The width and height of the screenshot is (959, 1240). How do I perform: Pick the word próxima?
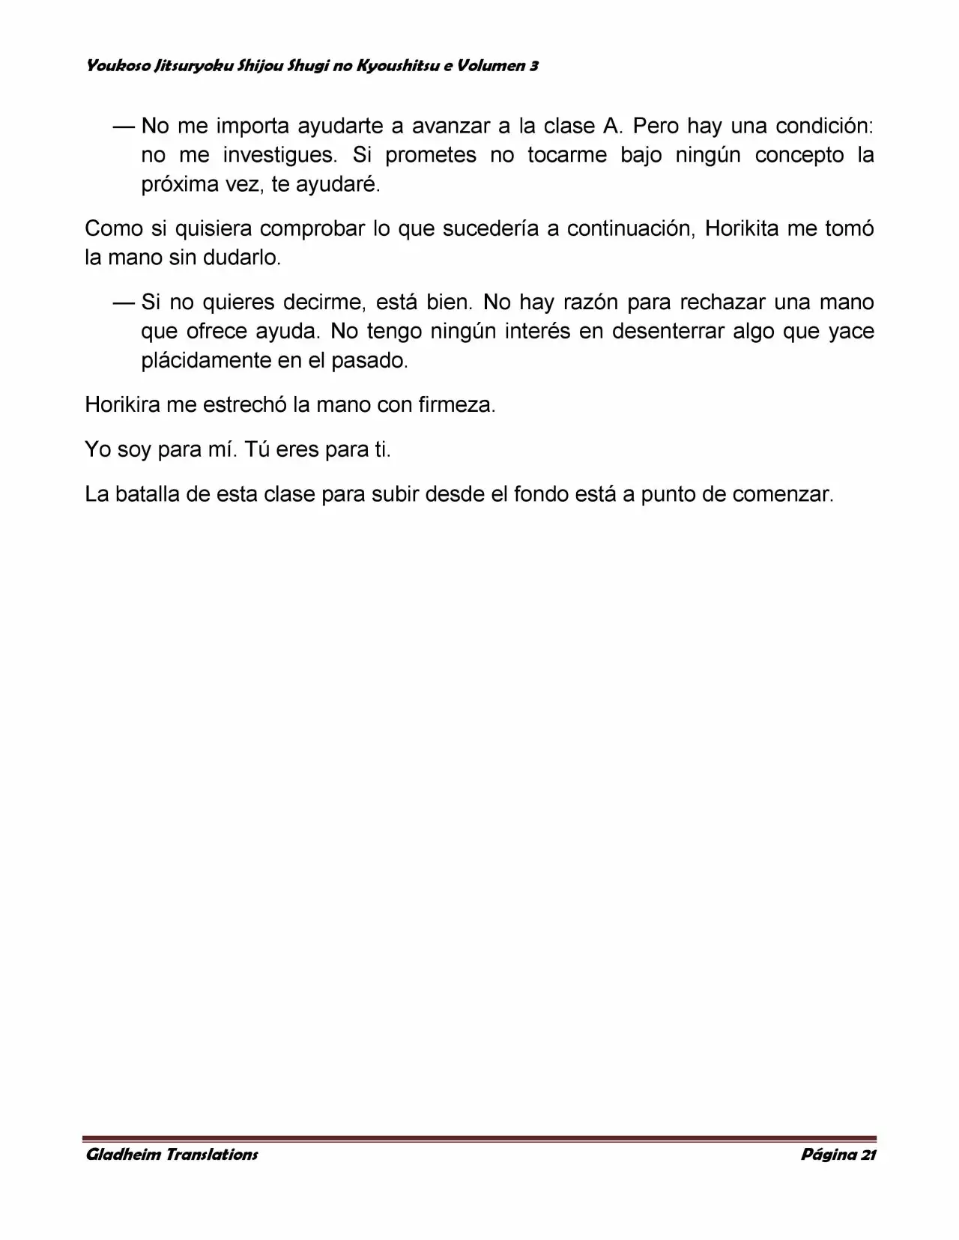coord(179,185)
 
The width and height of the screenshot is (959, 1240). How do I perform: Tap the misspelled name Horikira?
coord(122,405)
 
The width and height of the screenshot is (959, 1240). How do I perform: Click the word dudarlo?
coord(241,258)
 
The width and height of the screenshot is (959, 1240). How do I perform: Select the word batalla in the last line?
coord(146,495)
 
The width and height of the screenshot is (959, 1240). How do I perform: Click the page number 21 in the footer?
coord(868,1154)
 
